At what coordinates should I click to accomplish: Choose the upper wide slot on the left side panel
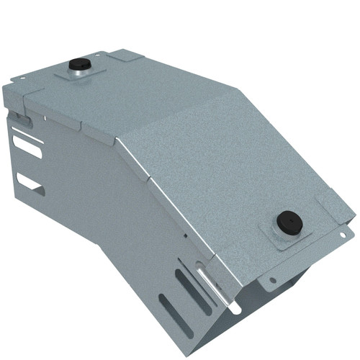pyautogui.click(x=27, y=147)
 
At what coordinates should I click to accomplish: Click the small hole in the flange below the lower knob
pyautogui.click(x=272, y=281)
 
